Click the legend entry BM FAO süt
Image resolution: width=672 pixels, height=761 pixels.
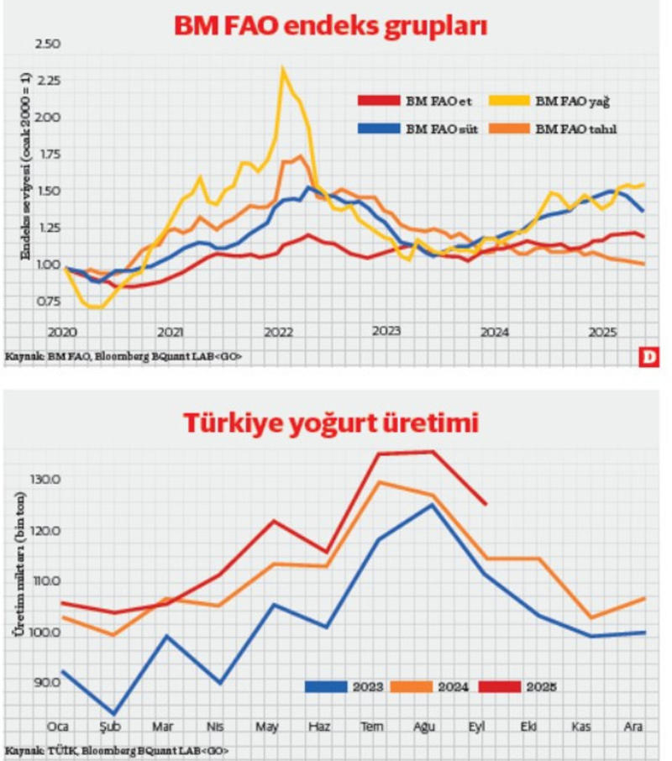442,129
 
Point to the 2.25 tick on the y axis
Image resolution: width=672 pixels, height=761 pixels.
49,81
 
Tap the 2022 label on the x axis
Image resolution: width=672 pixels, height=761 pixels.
278,332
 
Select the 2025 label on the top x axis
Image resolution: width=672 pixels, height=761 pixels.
603,332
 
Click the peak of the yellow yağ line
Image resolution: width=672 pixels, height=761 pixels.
283,69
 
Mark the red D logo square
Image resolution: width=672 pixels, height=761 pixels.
648,357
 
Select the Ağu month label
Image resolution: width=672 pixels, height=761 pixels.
426,725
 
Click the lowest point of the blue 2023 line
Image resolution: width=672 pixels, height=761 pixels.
113,714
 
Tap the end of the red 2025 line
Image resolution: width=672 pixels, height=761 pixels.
486,505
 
